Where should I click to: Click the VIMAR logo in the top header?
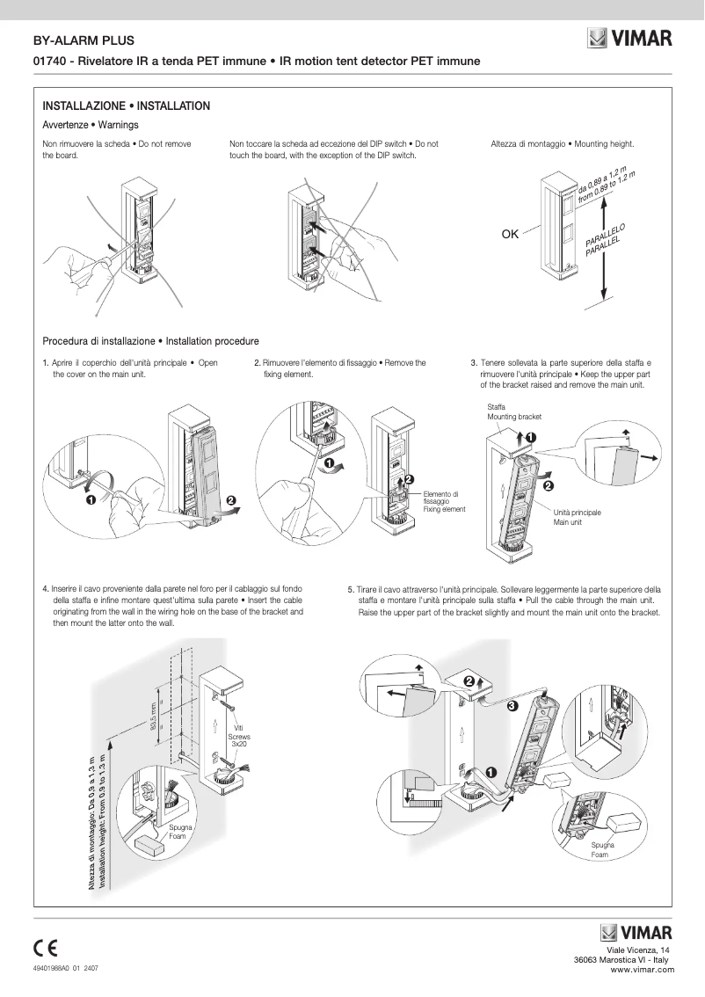pos(630,39)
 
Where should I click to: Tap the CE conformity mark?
pos(46,948)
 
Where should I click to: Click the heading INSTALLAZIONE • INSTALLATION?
pos(127,106)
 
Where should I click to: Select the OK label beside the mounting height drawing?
pos(511,234)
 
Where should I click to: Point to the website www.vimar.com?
pos(642,970)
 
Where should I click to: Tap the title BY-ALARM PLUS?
pos(77,40)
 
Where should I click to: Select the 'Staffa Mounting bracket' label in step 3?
pos(514,411)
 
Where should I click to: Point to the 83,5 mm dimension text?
pos(152,716)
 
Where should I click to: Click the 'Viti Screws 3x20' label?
pos(238,736)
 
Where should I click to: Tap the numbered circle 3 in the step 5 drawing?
pos(512,705)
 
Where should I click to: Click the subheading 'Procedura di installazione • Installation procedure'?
pos(151,341)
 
